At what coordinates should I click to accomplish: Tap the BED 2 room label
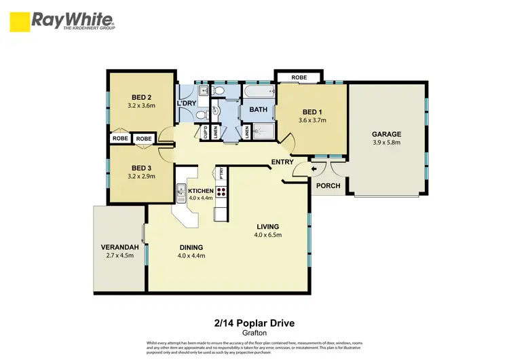coord(142,96)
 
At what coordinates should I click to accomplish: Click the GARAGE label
coord(386,134)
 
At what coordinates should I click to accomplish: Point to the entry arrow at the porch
coord(314,169)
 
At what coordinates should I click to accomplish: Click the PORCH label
coord(327,185)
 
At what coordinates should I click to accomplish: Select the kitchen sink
coord(181,194)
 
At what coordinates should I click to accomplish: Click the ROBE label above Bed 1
coord(299,77)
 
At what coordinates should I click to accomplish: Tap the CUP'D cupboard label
coord(203,133)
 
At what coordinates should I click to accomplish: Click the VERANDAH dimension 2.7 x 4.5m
coord(119,256)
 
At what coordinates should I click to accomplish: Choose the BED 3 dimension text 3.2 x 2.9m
coord(142,176)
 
